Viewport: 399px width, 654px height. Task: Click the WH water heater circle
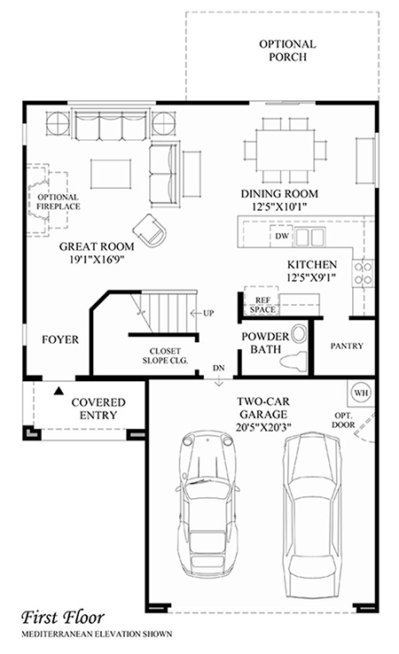(361, 393)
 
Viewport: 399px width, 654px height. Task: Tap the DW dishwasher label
(282, 236)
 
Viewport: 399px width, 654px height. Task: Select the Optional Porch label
(287, 51)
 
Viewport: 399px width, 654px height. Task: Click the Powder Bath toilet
(293, 362)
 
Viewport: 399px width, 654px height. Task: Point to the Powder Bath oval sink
(299, 334)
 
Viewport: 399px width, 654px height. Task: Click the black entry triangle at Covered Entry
(59, 391)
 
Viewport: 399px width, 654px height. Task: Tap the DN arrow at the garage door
(219, 382)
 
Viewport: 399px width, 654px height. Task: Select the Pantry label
(347, 346)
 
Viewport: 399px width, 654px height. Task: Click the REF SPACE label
(262, 305)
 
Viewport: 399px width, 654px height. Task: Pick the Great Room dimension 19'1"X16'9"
(98, 260)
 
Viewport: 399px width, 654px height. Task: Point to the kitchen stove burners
(363, 273)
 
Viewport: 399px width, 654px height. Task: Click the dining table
(286, 150)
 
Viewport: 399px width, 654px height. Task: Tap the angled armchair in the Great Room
(150, 230)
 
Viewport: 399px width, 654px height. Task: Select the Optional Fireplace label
(58, 202)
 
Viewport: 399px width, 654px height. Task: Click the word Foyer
(60, 339)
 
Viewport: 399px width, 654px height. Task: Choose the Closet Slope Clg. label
(165, 355)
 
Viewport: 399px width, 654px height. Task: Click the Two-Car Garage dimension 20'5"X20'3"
(263, 427)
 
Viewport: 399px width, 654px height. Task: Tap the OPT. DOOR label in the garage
(343, 420)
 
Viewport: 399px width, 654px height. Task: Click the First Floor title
(63, 618)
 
